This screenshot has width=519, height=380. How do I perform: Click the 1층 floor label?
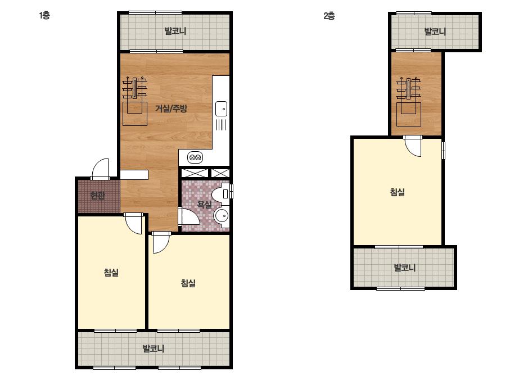(44, 15)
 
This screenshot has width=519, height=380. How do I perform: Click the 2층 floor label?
(329, 16)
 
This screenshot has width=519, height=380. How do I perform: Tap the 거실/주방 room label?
(171, 108)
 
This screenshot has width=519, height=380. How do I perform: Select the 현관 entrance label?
(97, 195)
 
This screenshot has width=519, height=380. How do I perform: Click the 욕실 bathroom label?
(204, 204)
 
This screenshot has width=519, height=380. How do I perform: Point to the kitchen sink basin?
(221, 108)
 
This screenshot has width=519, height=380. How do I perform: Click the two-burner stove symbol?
(195, 157)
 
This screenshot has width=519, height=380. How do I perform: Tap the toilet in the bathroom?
(221, 193)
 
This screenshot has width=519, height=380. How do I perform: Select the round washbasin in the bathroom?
(222, 216)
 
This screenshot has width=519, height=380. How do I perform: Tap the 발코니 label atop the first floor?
(175, 31)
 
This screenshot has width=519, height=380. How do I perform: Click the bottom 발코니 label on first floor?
(154, 348)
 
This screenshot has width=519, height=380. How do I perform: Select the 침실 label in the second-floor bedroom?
(397, 192)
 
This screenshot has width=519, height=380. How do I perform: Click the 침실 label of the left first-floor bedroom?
(111, 273)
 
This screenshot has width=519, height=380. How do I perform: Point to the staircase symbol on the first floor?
(135, 101)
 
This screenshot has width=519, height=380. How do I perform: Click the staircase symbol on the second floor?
(408, 102)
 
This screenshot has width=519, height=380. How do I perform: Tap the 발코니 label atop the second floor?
(435, 31)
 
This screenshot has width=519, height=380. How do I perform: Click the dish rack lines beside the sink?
(221, 125)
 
